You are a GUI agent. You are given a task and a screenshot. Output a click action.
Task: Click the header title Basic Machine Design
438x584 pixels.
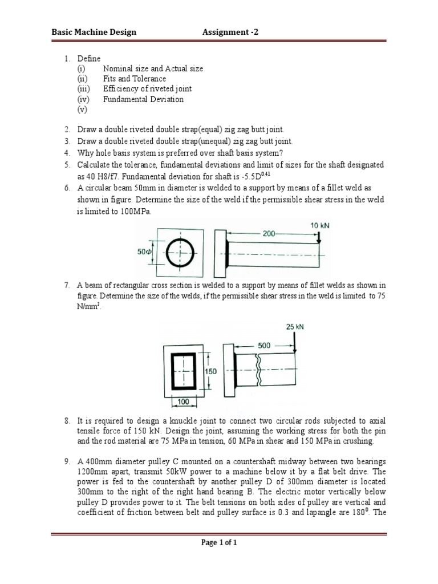94,32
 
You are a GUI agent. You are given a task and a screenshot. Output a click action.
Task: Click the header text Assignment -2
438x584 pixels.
230,32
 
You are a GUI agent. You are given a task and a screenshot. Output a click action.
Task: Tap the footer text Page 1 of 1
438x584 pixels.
219,542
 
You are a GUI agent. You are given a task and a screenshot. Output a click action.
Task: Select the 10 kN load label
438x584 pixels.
319,226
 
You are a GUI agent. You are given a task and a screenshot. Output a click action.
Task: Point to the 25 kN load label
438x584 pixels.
294,327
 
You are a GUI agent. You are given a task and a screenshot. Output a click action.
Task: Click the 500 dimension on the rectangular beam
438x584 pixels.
264,345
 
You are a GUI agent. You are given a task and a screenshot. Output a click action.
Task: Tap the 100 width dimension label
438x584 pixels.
183,402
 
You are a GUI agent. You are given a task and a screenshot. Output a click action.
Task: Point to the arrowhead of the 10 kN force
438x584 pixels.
319,241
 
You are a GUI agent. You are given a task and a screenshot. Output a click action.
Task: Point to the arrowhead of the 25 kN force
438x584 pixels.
294,350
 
